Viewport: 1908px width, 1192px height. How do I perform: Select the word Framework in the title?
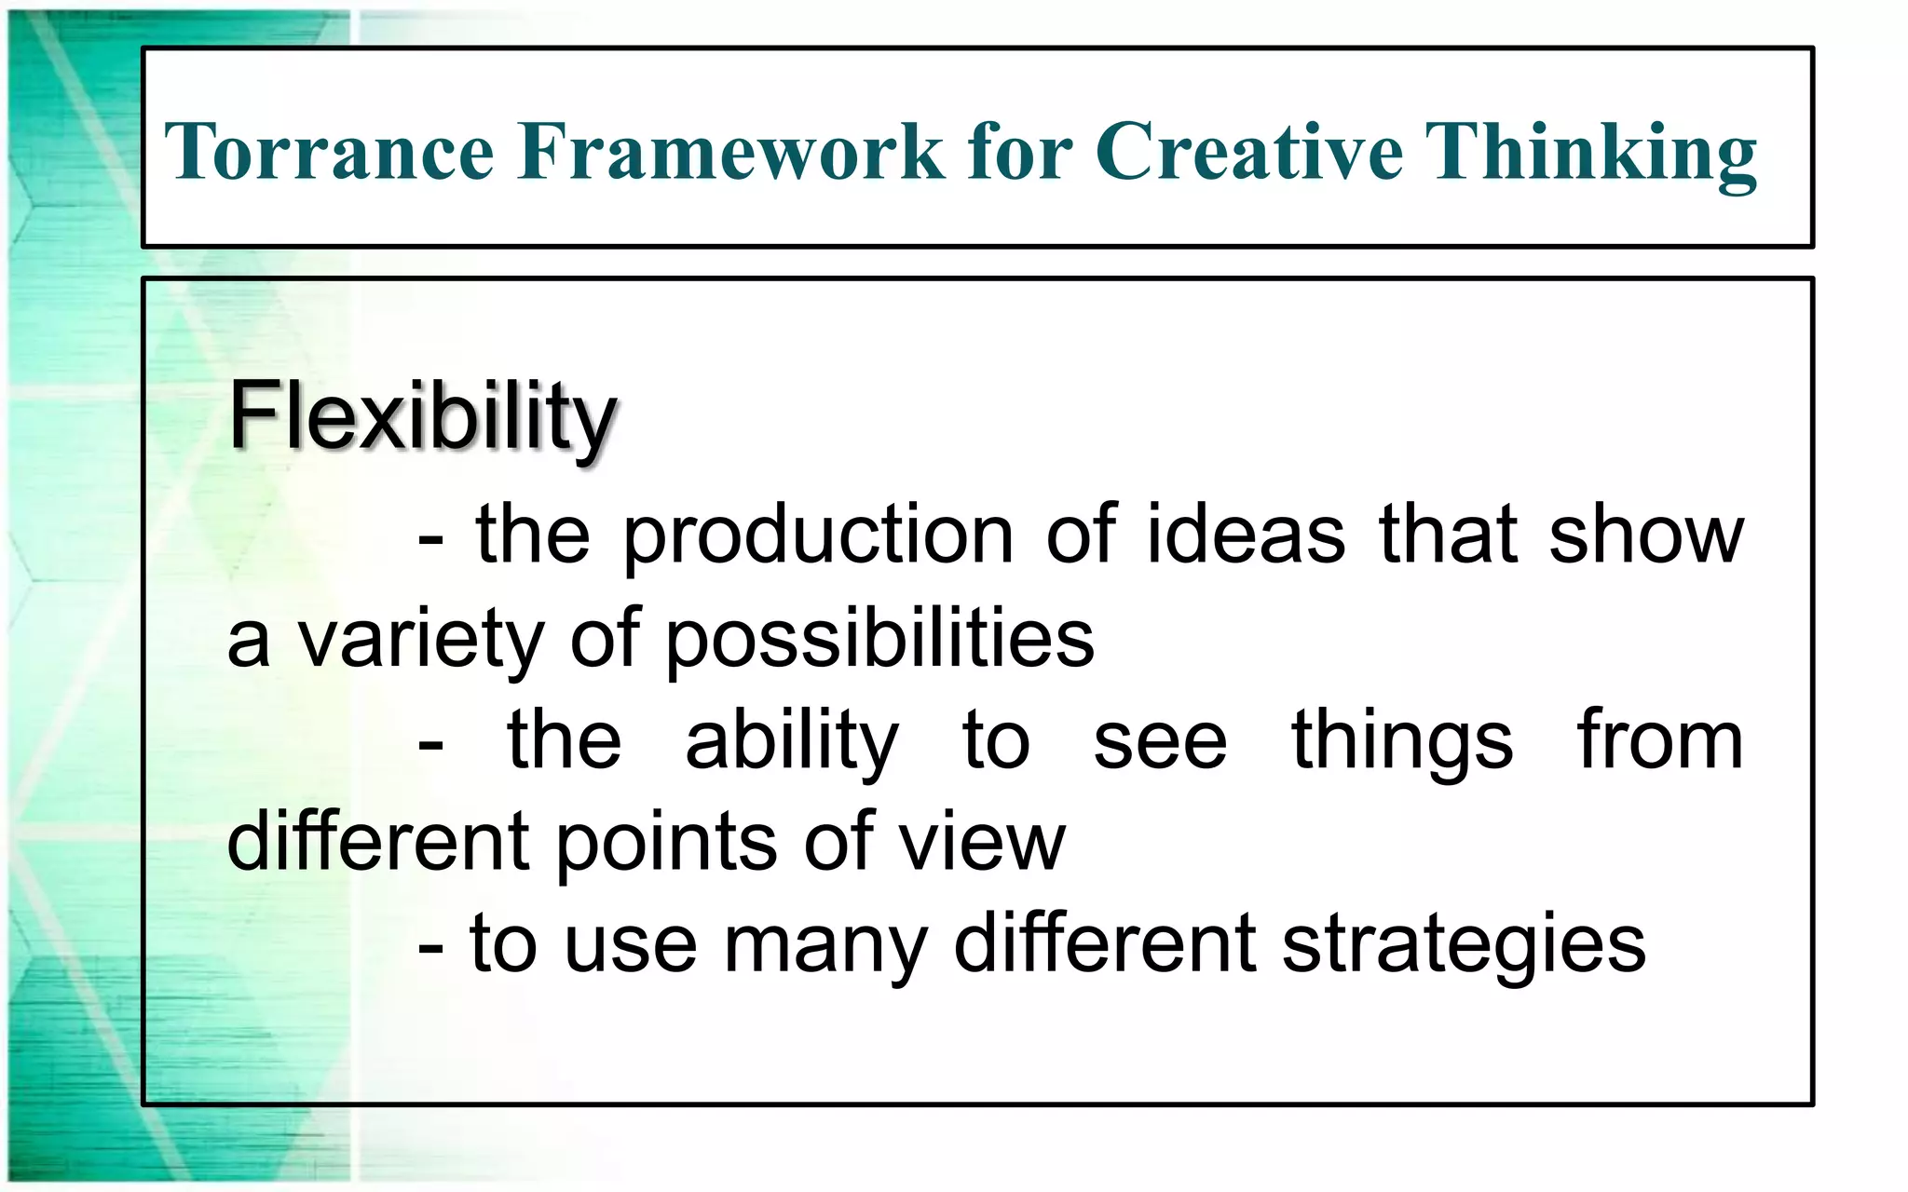click(x=730, y=151)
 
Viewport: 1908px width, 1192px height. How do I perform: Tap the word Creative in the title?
click(x=1248, y=151)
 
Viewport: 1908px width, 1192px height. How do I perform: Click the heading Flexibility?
click(x=422, y=416)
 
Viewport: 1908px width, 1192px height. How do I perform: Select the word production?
click(x=818, y=537)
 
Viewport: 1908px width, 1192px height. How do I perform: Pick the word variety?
click(x=420, y=641)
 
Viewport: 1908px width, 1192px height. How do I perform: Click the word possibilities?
click(x=879, y=641)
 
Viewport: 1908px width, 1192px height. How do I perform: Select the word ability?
click(x=792, y=743)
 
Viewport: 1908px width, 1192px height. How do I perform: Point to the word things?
click(x=1402, y=743)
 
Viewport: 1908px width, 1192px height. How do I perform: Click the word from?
click(x=1659, y=741)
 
